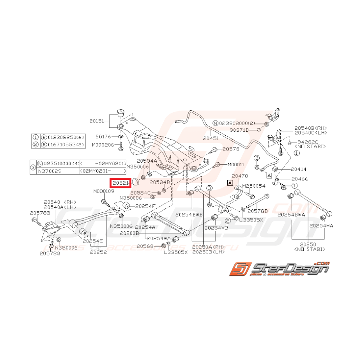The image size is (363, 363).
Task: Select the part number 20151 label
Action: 97,121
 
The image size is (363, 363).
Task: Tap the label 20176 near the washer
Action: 104,137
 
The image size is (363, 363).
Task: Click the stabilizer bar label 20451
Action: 211,138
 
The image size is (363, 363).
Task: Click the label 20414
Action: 299,170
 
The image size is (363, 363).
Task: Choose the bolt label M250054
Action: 254,186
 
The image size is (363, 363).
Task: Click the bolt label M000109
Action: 104,191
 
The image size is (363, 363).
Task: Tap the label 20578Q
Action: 50,253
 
